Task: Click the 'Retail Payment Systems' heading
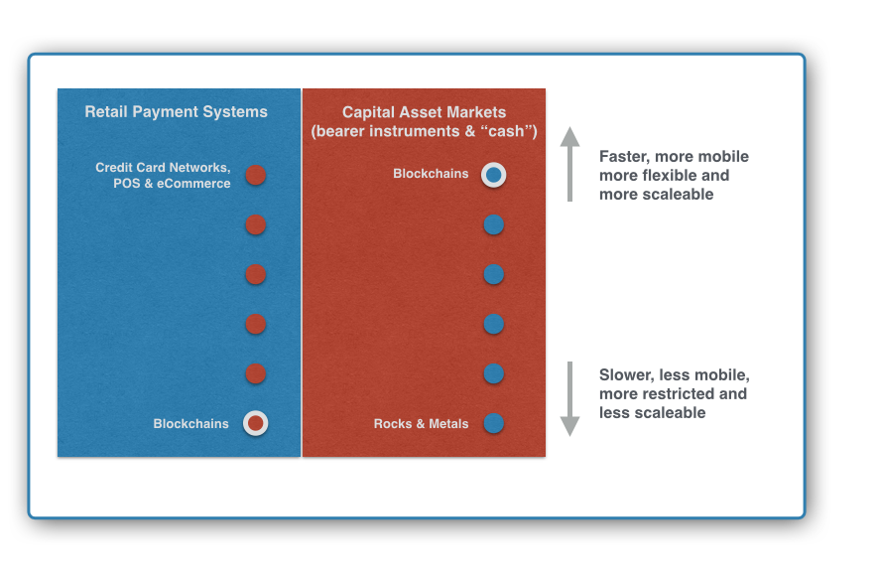176,112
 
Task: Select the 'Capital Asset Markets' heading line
425,112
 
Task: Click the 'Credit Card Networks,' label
163,168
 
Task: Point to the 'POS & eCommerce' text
172,183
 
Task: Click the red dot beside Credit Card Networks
255,175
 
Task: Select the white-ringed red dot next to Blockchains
255,423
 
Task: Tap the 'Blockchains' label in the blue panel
190,424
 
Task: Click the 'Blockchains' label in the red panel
431,174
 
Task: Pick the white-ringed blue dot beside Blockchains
494,175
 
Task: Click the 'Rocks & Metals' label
421,424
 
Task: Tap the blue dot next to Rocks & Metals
494,423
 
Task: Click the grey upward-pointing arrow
569,164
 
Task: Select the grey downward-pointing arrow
569,399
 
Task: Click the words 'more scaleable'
657,195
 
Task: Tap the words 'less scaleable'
653,413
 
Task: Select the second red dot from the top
255,224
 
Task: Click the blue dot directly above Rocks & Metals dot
494,373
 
